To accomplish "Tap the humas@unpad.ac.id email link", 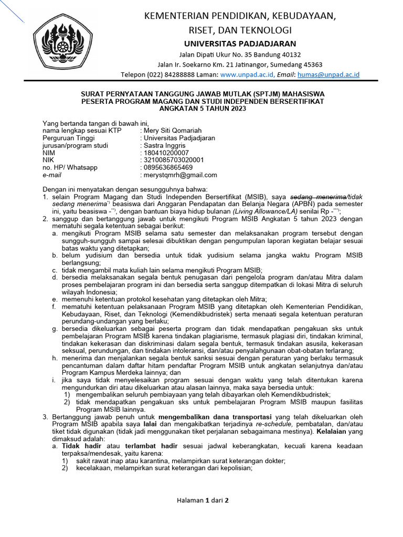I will pyautogui.click(x=328, y=75).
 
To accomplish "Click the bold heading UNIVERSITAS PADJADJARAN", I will pyautogui.click(x=240, y=44).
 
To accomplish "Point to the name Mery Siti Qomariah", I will pyautogui.click(x=173, y=131).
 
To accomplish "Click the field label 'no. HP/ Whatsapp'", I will pyautogui.click(x=70, y=167).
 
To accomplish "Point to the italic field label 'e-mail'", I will pyautogui.click(x=52, y=175).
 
